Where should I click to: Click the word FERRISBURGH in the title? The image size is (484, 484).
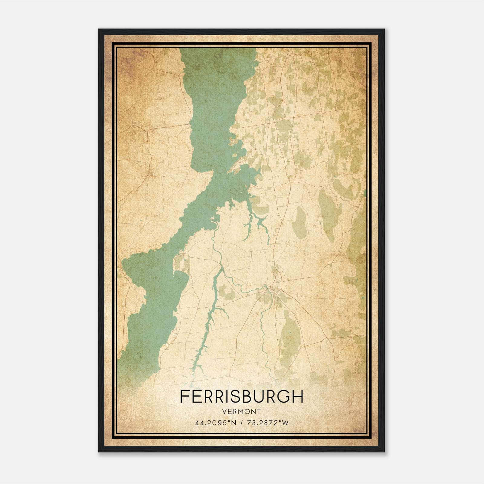tap(241, 397)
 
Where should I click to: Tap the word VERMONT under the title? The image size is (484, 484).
tap(241, 411)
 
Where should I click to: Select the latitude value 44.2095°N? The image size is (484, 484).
tap(214, 423)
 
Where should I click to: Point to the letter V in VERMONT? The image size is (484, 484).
tap(224, 411)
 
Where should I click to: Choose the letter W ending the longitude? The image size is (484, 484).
tap(285, 423)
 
